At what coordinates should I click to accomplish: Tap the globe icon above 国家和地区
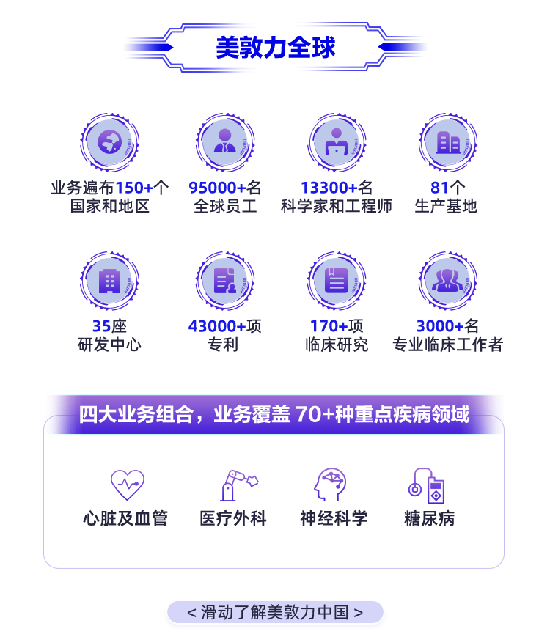(x=109, y=141)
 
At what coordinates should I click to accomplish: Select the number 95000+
(x=217, y=188)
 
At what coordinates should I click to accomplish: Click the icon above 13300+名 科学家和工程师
(x=336, y=141)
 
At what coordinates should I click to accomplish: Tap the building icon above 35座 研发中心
(x=109, y=281)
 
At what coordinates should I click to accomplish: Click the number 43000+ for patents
(x=217, y=326)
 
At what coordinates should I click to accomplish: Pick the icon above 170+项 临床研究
(x=336, y=281)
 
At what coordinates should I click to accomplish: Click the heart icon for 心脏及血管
(x=127, y=485)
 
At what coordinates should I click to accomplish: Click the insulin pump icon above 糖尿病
(x=428, y=485)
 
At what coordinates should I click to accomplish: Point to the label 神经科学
(x=334, y=519)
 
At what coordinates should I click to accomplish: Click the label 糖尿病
(x=429, y=519)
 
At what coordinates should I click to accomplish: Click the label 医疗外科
(x=233, y=519)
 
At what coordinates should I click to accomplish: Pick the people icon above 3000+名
(x=447, y=281)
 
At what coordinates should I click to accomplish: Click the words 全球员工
(x=224, y=205)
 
